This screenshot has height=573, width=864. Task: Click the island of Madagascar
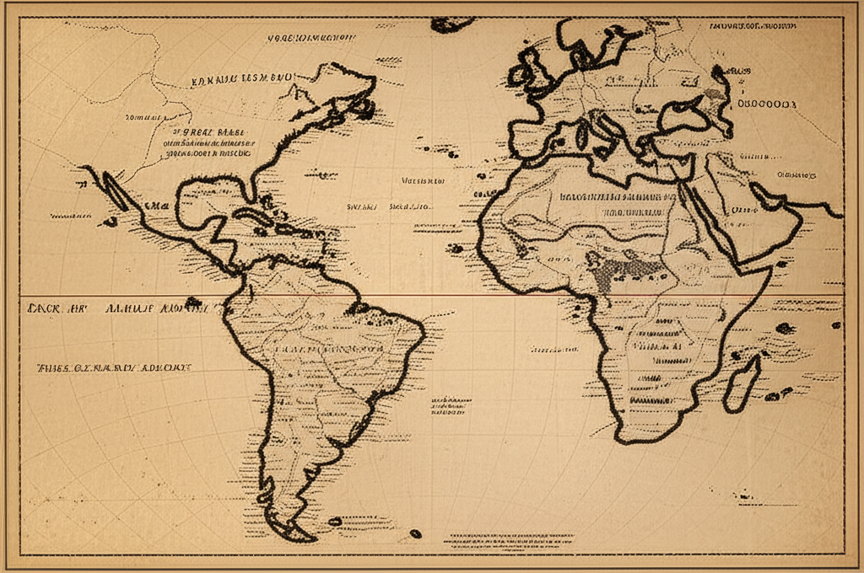click(742, 383)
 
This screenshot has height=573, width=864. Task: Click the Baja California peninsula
click(114, 190)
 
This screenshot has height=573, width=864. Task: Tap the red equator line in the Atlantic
click(456, 296)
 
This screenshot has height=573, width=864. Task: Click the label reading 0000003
click(767, 104)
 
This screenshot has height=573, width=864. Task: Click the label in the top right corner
click(751, 26)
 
